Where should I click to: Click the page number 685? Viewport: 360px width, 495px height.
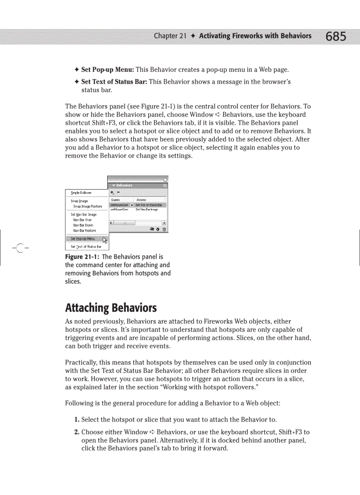(x=336, y=37)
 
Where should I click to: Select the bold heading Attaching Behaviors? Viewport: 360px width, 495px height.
(x=111, y=307)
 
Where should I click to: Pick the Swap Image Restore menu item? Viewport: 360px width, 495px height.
(x=87, y=206)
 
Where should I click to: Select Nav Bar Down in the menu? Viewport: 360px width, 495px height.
(x=83, y=225)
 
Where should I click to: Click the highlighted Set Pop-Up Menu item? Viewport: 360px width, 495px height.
(x=82, y=238)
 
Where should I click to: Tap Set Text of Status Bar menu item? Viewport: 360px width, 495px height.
(x=86, y=247)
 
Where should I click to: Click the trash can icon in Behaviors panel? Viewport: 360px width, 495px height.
(x=164, y=229)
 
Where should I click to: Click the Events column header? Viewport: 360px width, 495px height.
(x=116, y=200)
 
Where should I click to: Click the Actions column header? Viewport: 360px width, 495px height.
(x=141, y=200)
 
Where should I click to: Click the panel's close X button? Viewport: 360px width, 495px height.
(x=165, y=179)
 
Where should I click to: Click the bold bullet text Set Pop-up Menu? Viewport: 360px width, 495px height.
(x=108, y=70)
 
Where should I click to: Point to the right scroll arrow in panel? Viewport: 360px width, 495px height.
(x=164, y=223)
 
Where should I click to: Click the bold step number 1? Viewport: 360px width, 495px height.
(x=77, y=419)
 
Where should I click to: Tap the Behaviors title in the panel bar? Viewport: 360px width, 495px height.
(x=124, y=186)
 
